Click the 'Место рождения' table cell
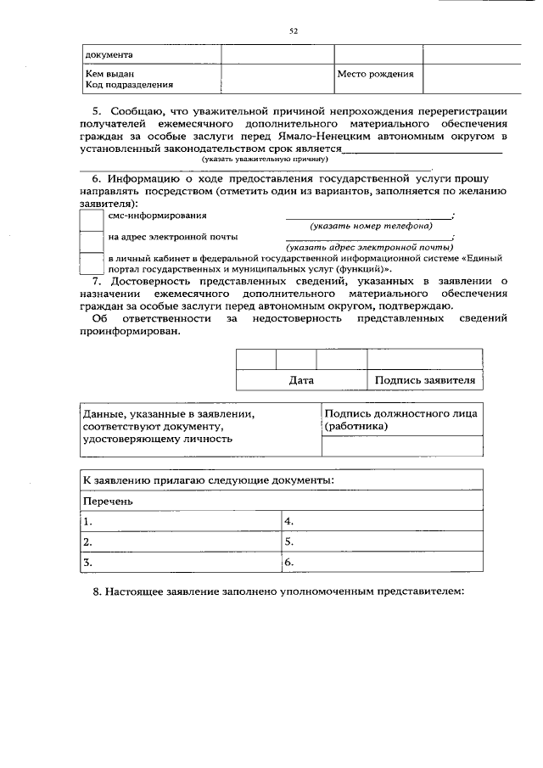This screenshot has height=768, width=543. pyautogui.click(x=375, y=74)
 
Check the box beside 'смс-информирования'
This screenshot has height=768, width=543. pyautogui.click(x=91, y=219)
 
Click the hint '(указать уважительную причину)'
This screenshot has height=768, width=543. pyautogui.click(x=264, y=159)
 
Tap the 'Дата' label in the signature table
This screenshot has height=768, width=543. pyautogui.click(x=301, y=380)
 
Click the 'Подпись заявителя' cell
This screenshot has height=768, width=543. pyautogui.click(x=424, y=380)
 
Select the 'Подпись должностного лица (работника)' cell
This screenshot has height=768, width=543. pyautogui.click(x=400, y=420)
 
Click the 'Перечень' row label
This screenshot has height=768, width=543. pyautogui.click(x=108, y=501)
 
